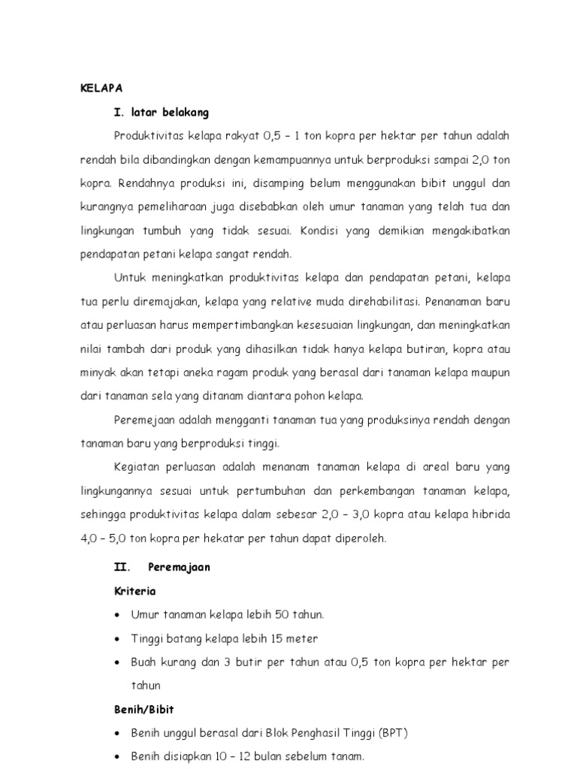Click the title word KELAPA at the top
pos(101,88)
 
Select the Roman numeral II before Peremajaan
pos(123,567)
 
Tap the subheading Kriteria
pos(134,591)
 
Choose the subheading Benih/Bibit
pos(143,709)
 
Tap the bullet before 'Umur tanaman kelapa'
pos(118,615)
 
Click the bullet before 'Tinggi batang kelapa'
pos(118,639)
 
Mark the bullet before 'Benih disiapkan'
pos(118,756)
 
